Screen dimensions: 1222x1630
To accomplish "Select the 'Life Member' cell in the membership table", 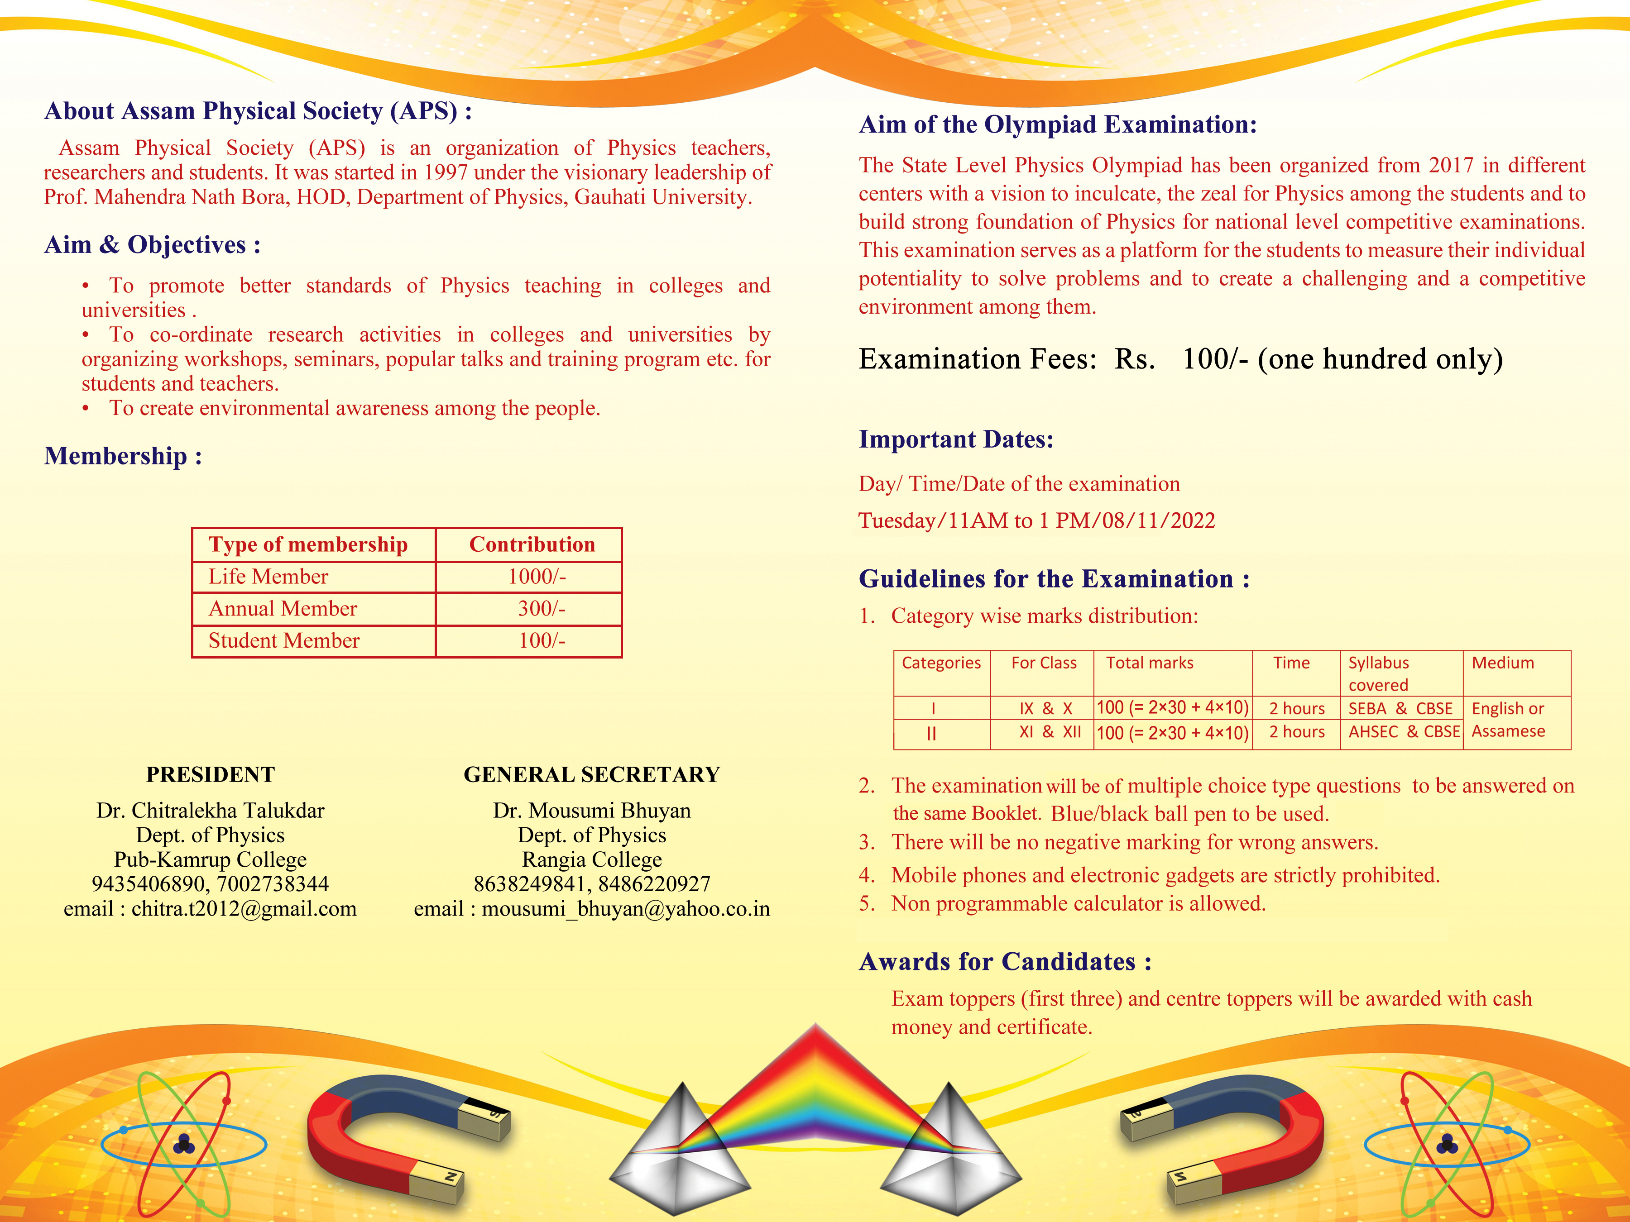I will click(268, 577).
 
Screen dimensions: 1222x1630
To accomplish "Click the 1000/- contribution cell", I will click(537, 577).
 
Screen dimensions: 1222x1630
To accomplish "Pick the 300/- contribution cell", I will click(541, 608).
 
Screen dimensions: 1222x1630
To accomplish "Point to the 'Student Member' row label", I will click(284, 641).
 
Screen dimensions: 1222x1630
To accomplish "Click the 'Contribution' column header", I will click(532, 544).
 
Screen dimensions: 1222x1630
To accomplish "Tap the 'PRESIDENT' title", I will click(210, 774).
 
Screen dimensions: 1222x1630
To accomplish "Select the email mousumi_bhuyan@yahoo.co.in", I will click(626, 909).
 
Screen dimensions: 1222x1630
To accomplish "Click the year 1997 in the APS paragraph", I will click(445, 172).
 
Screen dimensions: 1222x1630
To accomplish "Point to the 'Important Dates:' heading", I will click(956, 439).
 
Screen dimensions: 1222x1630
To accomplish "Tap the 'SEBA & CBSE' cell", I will click(1400, 709).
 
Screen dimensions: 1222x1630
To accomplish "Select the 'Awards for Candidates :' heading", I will click(1004, 961).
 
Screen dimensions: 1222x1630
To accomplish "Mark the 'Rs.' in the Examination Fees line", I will click(1134, 359).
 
